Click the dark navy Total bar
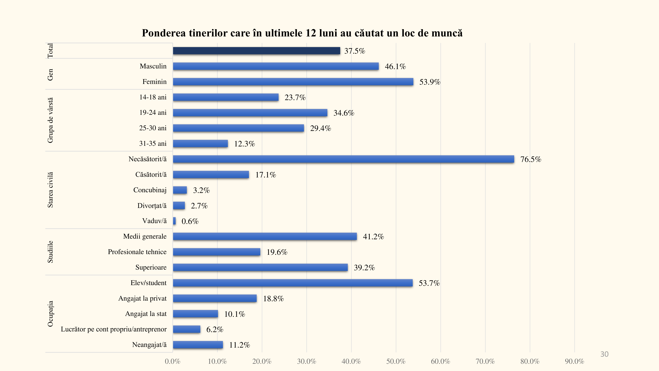coord(256,51)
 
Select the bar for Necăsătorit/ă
coord(343,159)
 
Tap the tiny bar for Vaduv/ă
coord(174,221)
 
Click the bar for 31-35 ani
coord(200,143)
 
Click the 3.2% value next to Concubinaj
coord(201,190)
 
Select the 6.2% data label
coord(215,329)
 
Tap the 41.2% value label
coord(373,237)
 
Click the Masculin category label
coord(153,66)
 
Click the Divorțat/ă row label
coord(152,206)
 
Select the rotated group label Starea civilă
coord(50,190)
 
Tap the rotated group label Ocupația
coord(50,314)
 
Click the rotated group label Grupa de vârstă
coord(50,120)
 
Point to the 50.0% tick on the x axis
coord(396,361)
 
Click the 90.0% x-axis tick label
coord(574,361)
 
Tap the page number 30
coord(604,354)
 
